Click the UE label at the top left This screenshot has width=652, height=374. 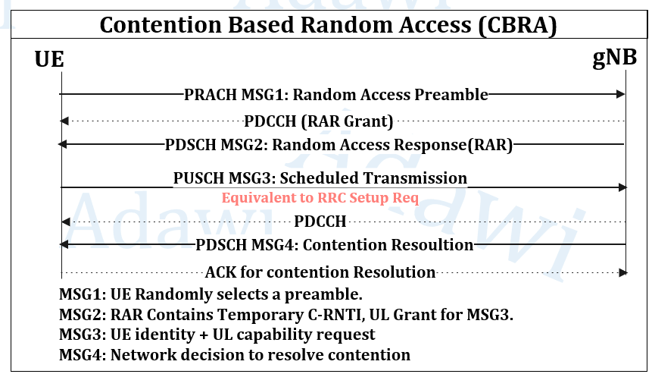(49, 59)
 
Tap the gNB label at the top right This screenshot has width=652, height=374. (615, 58)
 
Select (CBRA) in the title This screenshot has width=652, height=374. (517, 25)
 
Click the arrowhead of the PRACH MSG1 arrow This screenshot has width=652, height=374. (620, 94)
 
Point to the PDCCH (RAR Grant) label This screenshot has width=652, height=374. (319, 121)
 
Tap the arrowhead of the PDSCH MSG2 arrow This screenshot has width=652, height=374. (62, 144)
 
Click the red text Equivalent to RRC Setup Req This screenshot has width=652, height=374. (320, 197)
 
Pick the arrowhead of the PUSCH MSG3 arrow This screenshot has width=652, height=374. (622, 187)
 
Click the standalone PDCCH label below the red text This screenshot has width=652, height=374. (320, 222)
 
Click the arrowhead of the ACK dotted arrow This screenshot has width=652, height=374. (623, 273)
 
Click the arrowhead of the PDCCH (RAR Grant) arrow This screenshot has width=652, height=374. (64, 121)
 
